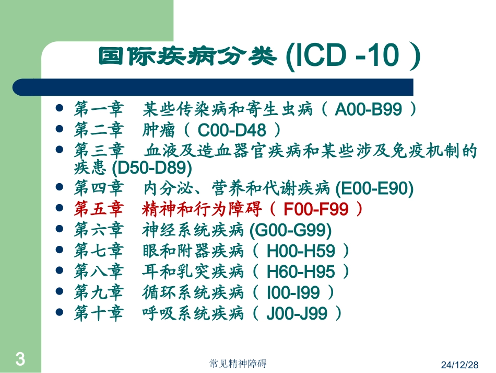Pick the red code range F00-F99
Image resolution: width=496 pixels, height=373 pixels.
[316, 209]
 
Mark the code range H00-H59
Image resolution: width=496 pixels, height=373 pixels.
[301, 251]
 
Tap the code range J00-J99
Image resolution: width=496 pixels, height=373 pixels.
[297, 313]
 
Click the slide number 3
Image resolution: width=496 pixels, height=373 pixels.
[20, 359]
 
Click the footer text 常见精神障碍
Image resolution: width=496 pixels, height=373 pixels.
[239, 363]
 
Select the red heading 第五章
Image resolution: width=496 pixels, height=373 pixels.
[99, 209]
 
